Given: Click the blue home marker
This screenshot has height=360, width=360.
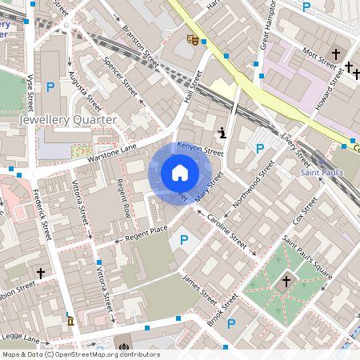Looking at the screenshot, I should tap(180, 172).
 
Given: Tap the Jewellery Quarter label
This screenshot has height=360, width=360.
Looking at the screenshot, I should tap(67, 120).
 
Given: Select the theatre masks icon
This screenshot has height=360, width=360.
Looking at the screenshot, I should tap(192, 38).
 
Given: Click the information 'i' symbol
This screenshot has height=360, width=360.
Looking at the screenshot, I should tap(222, 131).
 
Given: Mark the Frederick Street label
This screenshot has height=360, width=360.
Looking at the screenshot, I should tap(42, 216).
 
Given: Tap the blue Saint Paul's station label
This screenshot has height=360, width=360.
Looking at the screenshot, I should tap(322, 172).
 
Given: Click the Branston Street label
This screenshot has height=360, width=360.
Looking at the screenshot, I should tap(140, 48).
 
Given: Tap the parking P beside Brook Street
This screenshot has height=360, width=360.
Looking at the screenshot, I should tap(231, 324).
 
